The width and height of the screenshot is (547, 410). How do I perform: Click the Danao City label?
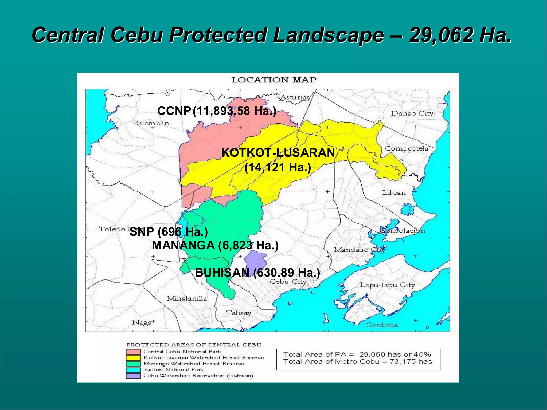pyautogui.click(x=412, y=113)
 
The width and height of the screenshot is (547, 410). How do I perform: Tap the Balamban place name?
pyautogui.click(x=151, y=123)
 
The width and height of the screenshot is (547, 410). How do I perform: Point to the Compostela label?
pyautogui.click(x=406, y=149)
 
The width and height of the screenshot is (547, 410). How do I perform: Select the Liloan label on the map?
pyautogui.click(x=394, y=192)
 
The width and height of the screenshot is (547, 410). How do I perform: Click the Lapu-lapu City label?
pyautogui.click(x=387, y=285)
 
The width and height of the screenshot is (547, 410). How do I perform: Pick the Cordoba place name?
pyautogui.click(x=381, y=325)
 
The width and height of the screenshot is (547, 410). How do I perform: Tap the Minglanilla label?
pyautogui.click(x=187, y=298)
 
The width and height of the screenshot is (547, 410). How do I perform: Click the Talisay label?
pyautogui.click(x=239, y=313)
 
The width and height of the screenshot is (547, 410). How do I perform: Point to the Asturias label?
pyautogui.click(x=295, y=97)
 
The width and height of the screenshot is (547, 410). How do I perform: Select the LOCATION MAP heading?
pyautogui.click(x=274, y=80)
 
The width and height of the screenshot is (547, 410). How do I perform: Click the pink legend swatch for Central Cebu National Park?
pyautogui.click(x=133, y=352)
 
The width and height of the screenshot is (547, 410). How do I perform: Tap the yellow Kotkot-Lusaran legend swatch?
pyautogui.click(x=133, y=358)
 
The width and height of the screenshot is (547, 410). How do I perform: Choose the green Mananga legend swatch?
pyautogui.click(x=133, y=364)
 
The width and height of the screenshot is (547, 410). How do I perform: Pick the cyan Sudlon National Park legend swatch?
pyautogui.click(x=133, y=370)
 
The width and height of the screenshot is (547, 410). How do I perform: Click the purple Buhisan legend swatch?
pyautogui.click(x=133, y=376)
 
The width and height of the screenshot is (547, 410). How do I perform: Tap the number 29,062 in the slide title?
pyautogui.click(x=441, y=35)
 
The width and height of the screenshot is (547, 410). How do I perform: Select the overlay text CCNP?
pyautogui.click(x=174, y=111)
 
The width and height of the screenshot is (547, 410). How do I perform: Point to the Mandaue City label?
pyautogui.click(x=359, y=250)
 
